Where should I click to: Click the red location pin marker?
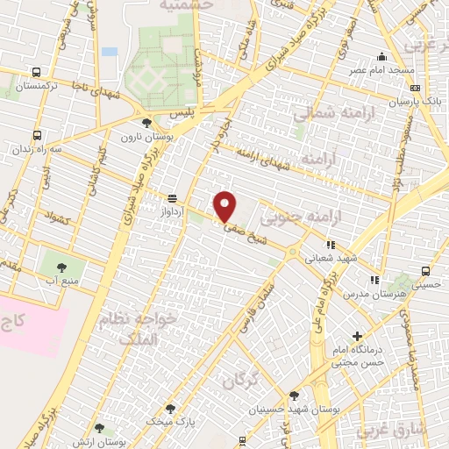[x=225, y=205]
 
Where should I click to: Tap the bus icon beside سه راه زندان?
[x=37, y=136]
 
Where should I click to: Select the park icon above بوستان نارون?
[x=146, y=123]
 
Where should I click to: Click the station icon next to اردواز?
[x=172, y=197]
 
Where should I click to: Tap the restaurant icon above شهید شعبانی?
[x=331, y=246]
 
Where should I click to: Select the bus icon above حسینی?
[x=424, y=271]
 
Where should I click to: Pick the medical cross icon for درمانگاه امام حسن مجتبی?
[x=356, y=337]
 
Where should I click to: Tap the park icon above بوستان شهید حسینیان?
[x=294, y=396]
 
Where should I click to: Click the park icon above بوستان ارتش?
[x=98, y=428]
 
